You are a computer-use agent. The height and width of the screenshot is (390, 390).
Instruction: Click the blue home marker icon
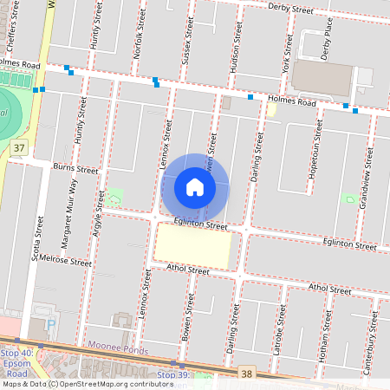click(x=195, y=187)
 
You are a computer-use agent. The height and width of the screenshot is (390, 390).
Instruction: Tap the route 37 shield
click(x=19, y=149)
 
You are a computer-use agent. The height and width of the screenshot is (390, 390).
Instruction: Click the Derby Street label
click(x=289, y=9)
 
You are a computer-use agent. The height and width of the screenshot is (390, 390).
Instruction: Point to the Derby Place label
click(x=326, y=42)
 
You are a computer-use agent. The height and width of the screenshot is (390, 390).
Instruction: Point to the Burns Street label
click(x=76, y=168)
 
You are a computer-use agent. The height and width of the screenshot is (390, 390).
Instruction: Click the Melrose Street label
click(x=66, y=260)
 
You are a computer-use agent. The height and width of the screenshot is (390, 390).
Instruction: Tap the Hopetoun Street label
click(x=318, y=144)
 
